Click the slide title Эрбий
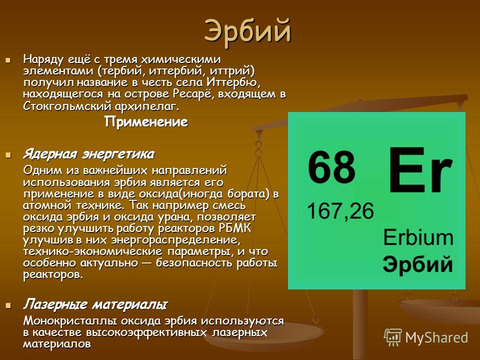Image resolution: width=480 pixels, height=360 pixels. pos(247,31)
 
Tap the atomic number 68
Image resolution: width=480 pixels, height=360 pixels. pos(331,167)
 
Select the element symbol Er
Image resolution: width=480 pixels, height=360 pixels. pos(420,169)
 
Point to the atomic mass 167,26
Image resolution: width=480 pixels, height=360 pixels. pos(340,211)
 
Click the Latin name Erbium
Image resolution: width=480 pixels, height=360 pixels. pos(418,237)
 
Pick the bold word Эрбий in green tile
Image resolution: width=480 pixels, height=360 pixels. pos(418,264)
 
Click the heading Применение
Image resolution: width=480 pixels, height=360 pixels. pos(146,122)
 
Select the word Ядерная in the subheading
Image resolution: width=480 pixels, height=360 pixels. pos(49,154)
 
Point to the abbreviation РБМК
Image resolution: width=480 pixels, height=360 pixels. pos(235,228)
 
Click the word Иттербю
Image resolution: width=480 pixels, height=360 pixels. pos(233,82)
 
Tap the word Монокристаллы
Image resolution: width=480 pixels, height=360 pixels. pos(70,321)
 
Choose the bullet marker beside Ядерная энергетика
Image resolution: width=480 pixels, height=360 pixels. pos(8,155)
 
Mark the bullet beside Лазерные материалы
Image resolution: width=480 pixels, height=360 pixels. pos(8,305)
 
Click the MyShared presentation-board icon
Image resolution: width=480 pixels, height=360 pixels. pos(393,337)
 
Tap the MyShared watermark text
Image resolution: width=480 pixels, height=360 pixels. pos(436,337)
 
